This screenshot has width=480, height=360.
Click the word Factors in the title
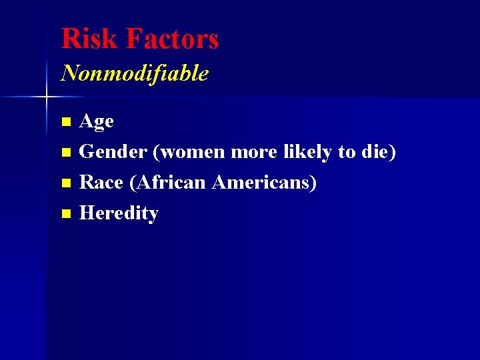coord(172,39)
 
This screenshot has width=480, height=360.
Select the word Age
coord(97,122)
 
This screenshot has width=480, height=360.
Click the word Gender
coord(113,152)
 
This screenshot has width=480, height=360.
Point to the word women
coord(192,152)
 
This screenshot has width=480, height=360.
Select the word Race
coord(101,183)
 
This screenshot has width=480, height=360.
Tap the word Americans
coord(262,183)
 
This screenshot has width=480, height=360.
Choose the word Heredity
coord(119,214)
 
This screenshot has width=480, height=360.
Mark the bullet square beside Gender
coord(65,153)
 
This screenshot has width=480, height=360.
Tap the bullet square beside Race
coord(65,184)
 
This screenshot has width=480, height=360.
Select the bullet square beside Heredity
coord(65,215)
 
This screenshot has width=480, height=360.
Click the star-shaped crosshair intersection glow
coord(46,97)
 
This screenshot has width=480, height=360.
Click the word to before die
coord(347,152)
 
